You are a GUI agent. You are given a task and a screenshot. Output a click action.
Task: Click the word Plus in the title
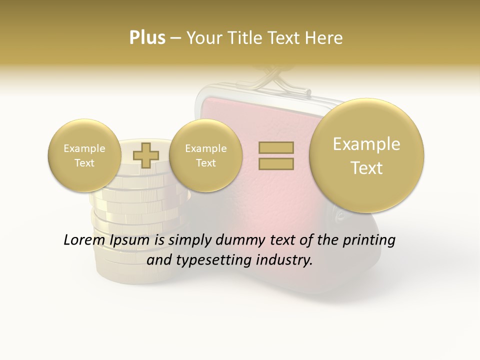point(147,38)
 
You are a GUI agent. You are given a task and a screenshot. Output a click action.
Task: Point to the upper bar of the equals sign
point(275,147)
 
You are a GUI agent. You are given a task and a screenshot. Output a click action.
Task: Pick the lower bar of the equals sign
point(275,163)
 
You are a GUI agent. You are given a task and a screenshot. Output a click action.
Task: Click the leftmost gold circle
point(84,155)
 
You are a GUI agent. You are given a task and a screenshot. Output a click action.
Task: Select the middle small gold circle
point(205,155)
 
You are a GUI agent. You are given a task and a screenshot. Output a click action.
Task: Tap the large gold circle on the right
point(366,155)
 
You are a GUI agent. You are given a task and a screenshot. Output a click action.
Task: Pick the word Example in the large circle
point(366,144)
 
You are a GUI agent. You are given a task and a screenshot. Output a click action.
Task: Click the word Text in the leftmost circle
point(84,163)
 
